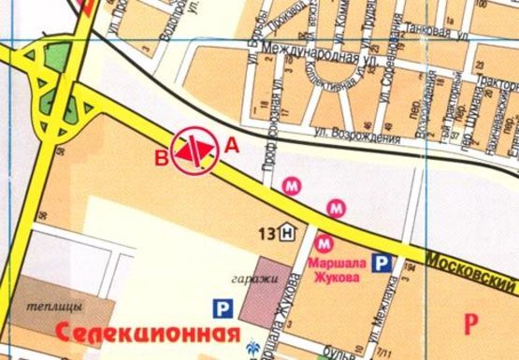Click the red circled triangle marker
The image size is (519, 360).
click(195, 149)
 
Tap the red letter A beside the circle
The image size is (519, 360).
click(232, 144)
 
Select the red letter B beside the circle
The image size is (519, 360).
click(161, 156)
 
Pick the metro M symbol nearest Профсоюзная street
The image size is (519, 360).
click(293, 186)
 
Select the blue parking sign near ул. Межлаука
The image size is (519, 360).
click(382, 265)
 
